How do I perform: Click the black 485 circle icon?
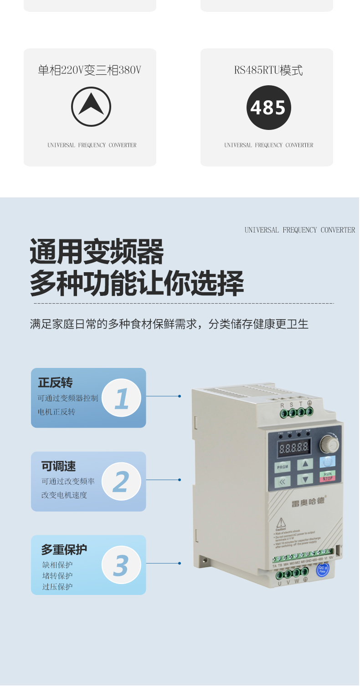pyautogui.click(x=268, y=108)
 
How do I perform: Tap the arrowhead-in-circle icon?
pyautogui.click(x=91, y=107)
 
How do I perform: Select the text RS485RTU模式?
pyautogui.click(x=268, y=70)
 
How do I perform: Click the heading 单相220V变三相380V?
pyautogui.click(x=89, y=70)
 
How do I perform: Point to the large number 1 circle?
pyautogui.click(x=121, y=398)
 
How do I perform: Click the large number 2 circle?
pyautogui.click(x=121, y=481)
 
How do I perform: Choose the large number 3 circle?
pyautogui.click(x=121, y=565)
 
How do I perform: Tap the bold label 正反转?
pyautogui.click(x=55, y=383)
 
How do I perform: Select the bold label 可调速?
pyautogui.click(x=58, y=466)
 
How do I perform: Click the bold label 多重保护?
pyautogui.click(x=64, y=549)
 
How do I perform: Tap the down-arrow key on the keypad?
pyautogui.click(x=305, y=479)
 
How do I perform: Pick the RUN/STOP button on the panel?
pyautogui.click(x=327, y=476)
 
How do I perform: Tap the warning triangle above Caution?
pyautogui.click(x=281, y=522)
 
